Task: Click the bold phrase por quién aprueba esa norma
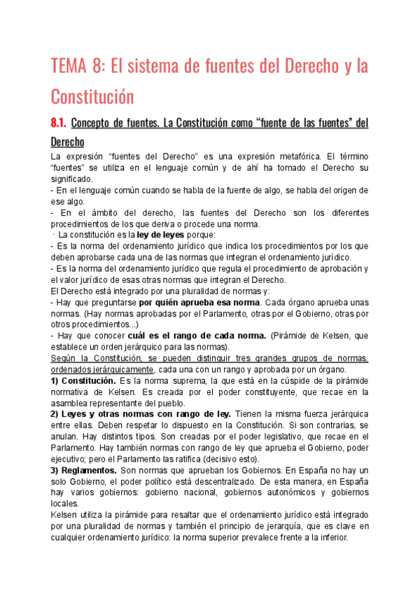(199, 302)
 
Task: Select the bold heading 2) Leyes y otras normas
(111, 414)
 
